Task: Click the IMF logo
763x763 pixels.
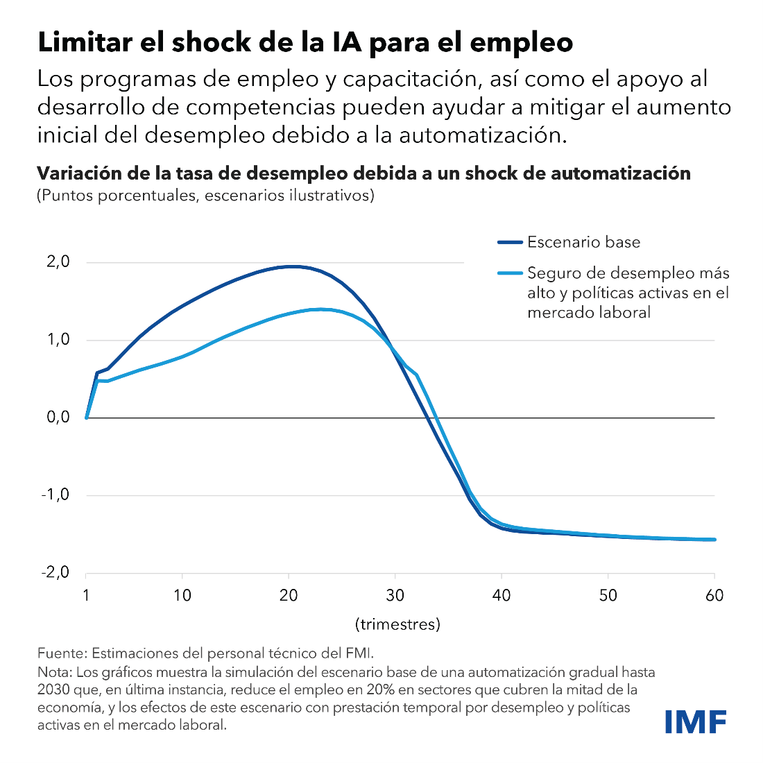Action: pyautogui.click(x=695, y=721)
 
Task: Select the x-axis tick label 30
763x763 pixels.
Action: pyautogui.click(x=395, y=595)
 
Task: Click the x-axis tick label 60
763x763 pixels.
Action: pyautogui.click(x=714, y=595)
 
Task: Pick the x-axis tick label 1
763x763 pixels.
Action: pyautogui.click(x=86, y=595)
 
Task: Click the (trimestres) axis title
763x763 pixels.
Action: pyautogui.click(x=398, y=624)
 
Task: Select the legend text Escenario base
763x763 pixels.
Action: pyautogui.click(x=583, y=242)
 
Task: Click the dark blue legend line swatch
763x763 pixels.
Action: pyautogui.click(x=509, y=243)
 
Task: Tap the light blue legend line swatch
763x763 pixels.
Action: pyautogui.click(x=509, y=273)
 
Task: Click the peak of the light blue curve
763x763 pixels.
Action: pyautogui.click(x=322, y=309)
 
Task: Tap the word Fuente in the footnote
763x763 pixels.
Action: pyautogui.click(x=61, y=653)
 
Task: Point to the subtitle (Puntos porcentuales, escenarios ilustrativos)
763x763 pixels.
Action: pyautogui.click(x=205, y=195)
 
